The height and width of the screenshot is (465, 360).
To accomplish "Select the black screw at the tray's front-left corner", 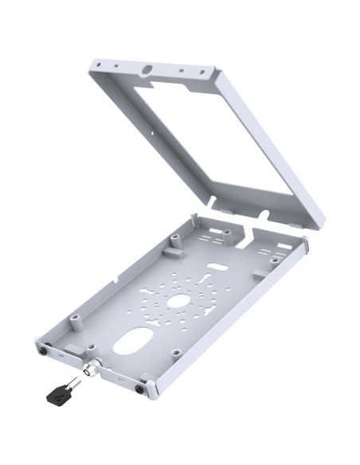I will pyautogui.click(x=41, y=350).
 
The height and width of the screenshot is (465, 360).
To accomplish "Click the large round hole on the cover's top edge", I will pyautogui.click(x=148, y=70).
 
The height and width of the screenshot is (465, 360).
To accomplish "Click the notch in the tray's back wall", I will pyautogui.click(x=248, y=232).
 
